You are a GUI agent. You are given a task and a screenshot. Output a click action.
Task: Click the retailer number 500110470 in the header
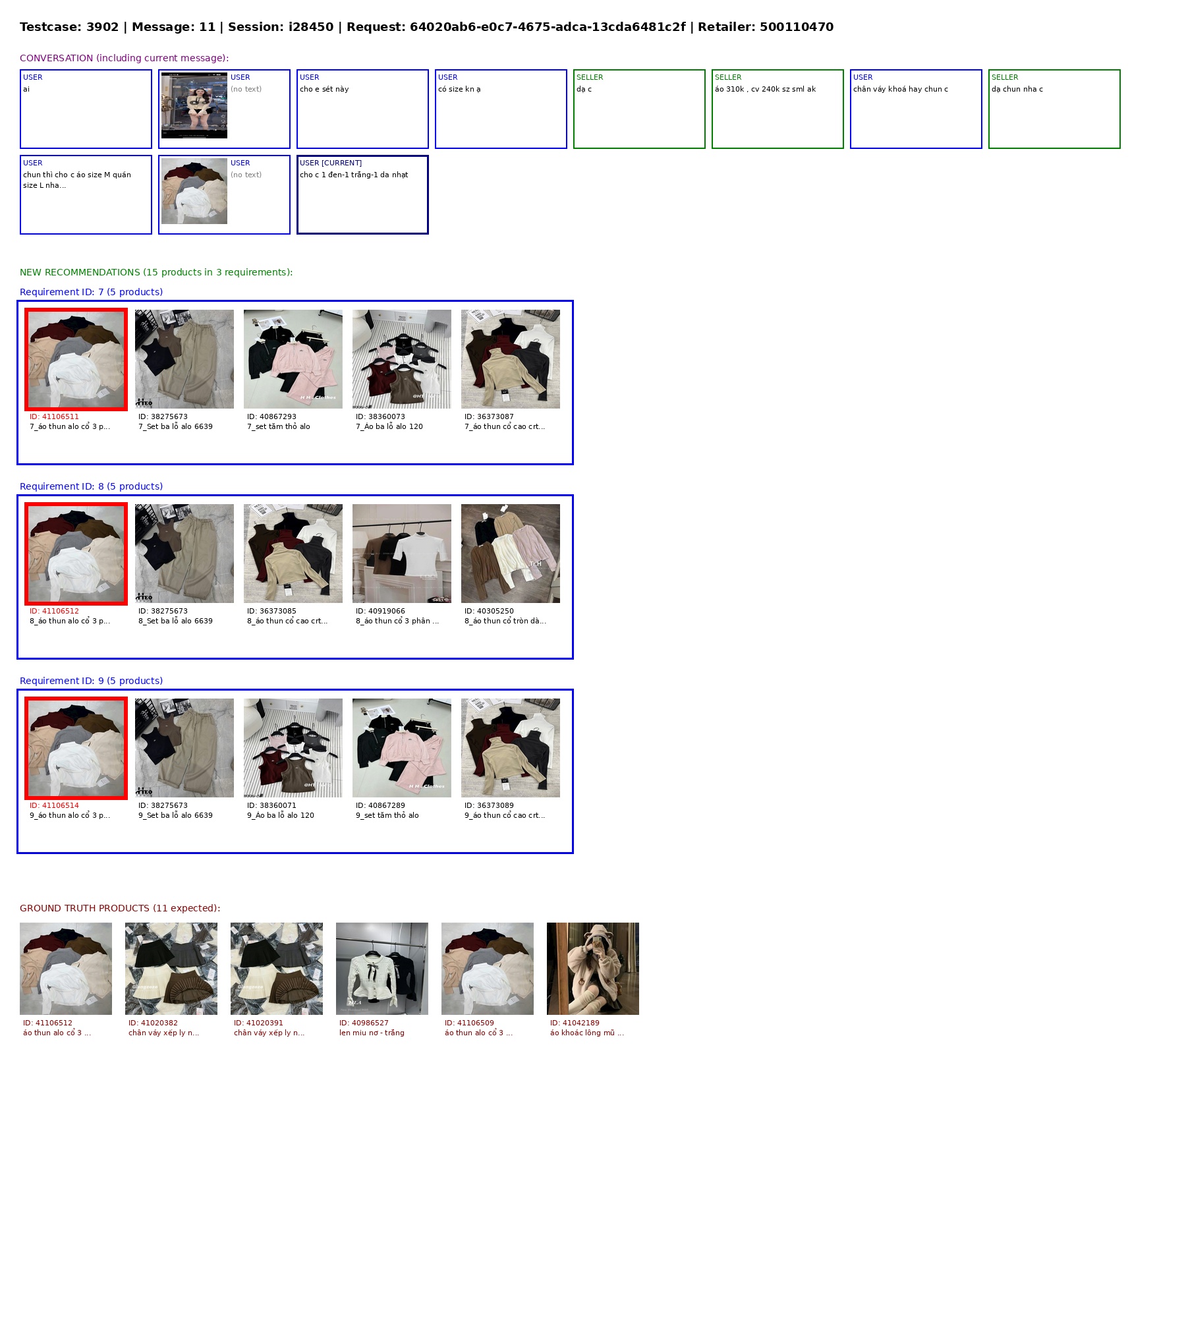(797, 27)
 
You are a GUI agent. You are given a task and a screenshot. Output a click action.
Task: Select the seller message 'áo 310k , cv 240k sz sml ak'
(765, 89)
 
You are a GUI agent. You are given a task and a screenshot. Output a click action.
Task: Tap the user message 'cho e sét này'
(324, 89)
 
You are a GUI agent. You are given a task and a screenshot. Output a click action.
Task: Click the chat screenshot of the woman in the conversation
(194, 105)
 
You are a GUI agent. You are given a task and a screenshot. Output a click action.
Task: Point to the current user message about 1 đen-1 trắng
(354, 175)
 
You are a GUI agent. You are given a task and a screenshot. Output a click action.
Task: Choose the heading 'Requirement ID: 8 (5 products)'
(91, 486)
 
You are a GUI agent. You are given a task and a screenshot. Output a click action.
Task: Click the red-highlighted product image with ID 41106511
(76, 359)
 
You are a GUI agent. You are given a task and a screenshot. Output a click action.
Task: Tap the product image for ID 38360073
(402, 359)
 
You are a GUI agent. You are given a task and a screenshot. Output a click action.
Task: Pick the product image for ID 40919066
(402, 554)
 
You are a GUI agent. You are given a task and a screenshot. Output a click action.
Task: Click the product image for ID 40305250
(511, 554)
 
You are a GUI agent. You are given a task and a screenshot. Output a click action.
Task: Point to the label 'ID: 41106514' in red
(54, 805)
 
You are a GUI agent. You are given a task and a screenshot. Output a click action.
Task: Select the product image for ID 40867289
(402, 748)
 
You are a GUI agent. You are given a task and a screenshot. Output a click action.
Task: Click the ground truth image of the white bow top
(382, 969)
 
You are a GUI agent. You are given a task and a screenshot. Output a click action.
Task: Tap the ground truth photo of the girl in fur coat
(593, 969)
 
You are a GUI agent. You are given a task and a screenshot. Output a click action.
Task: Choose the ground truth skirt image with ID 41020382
(171, 969)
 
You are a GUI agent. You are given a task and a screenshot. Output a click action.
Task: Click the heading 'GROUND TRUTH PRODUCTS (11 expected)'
(120, 908)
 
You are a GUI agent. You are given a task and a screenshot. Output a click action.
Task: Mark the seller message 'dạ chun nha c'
(1017, 89)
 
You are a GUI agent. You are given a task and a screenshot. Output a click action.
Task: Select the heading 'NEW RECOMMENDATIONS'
(80, 272)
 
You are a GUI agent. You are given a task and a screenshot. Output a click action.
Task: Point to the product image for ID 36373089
(511, 748)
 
